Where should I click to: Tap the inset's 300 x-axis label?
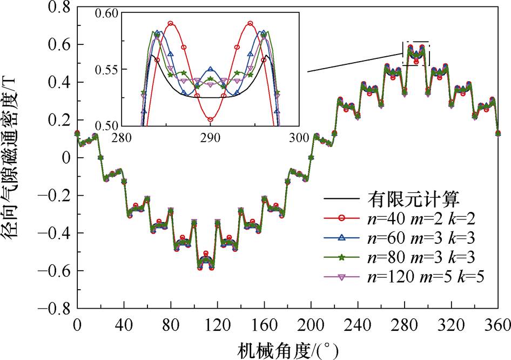[x=297, y=137]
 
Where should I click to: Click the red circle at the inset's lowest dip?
[x=210, y=119]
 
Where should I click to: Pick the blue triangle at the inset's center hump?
[x=211, y=70]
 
